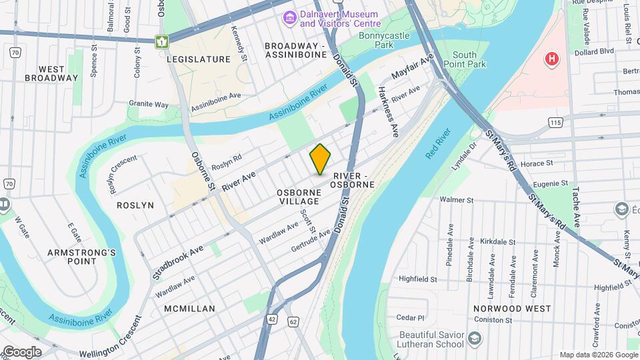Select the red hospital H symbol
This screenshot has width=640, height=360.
(x=551, y=59)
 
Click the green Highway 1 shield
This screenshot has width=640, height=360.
(x=161, y=41)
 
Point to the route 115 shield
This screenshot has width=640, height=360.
(x=555, y=122)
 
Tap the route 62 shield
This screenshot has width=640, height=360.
(x=293, y=322)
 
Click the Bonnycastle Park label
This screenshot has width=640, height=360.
(x=385, y=40)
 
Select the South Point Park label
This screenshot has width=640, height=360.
(x=469, y=59)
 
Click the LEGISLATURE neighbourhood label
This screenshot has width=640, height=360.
(x=198, y=59)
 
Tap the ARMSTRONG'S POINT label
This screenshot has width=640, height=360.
(x=82, y=257)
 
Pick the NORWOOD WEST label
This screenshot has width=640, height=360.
(x=512, y=309)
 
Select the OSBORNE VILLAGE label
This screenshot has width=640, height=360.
(x=299, y=197)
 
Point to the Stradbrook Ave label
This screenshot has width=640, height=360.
(x=178, y=261)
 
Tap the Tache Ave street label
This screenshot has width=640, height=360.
(x=575, y=207)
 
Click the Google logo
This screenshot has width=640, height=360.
(x=21, y=351)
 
